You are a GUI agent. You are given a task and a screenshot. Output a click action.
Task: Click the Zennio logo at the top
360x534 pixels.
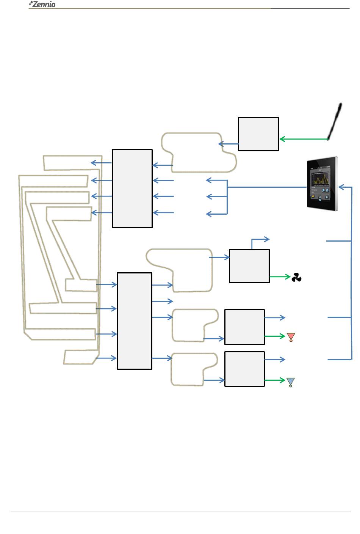42,5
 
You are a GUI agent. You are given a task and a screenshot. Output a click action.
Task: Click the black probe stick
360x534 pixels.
335,121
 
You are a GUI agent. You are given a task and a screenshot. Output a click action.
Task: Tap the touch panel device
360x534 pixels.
322,182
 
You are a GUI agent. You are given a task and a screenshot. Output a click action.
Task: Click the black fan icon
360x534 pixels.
296,278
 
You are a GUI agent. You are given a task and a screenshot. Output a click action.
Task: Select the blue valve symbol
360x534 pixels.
290,382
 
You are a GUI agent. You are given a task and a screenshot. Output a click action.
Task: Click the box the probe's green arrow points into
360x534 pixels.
258,134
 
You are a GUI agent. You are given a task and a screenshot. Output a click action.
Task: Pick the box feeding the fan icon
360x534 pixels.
249,266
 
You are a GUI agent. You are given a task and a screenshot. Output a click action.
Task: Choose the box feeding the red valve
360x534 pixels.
244,327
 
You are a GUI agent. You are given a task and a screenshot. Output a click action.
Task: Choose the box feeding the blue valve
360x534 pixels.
244,369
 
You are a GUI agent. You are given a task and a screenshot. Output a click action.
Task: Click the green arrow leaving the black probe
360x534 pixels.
303,139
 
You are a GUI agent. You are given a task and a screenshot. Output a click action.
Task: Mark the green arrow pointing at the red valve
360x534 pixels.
275,336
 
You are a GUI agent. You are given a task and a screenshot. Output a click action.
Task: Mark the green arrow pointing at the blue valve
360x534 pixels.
275,380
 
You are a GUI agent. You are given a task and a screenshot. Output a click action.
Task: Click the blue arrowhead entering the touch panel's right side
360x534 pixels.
341,187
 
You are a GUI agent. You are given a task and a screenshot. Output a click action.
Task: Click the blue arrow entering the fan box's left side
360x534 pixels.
219,258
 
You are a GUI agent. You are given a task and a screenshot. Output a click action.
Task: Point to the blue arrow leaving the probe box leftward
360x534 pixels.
229,144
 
